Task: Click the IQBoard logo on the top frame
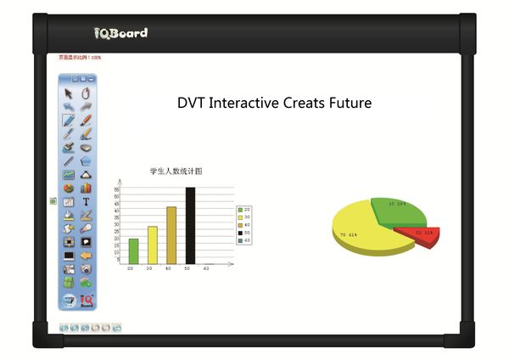[120, 32]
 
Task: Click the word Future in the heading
[345, 104]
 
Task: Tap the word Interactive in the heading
[247, 104]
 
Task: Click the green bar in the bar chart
[133, 250]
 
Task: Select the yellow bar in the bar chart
[153, 245]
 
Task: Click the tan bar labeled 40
[171, 235]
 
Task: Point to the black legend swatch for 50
[241, 233]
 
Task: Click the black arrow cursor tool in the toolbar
[69, 93]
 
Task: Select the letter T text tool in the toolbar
[86, 201]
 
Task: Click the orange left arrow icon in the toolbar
[86, 255]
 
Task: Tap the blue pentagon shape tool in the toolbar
[86, 160]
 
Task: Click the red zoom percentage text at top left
[80, 58]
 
